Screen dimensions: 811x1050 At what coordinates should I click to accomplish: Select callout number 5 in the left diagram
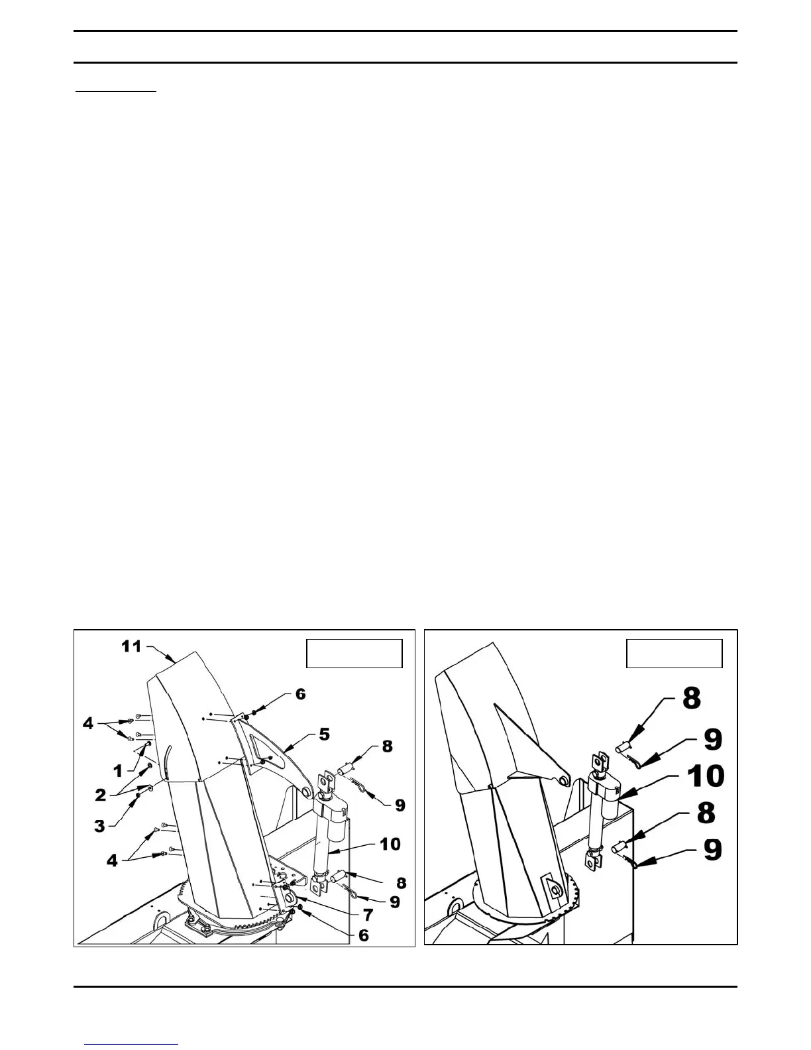[324, 734]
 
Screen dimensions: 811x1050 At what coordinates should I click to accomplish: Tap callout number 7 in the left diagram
[367, 915]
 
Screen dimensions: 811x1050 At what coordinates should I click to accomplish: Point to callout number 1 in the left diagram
[118, 771]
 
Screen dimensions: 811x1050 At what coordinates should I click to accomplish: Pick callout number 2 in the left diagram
[100, 795]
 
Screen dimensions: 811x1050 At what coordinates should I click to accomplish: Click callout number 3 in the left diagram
[99, 826]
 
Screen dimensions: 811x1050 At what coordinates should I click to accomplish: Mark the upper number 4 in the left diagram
[88, 724]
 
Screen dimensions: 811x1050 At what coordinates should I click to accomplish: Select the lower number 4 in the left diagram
[112, 860]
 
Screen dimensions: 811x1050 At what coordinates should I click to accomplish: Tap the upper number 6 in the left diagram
[300, 693]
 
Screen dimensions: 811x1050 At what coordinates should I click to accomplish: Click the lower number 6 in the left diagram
[363, 936]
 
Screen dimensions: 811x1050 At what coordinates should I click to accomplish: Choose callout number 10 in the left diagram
[390, 844]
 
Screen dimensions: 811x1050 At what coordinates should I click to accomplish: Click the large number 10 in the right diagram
[706, 775]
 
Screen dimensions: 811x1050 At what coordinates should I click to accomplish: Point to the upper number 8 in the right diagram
[691, 698]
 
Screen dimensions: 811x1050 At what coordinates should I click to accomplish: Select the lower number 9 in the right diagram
[712, 850]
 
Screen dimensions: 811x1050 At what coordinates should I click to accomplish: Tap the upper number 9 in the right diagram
[712, 739]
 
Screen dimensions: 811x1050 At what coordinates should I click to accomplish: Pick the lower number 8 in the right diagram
[706, 813]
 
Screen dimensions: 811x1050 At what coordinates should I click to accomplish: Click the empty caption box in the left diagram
[354, 654]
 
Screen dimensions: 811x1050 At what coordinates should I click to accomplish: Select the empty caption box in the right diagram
[675, 654]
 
